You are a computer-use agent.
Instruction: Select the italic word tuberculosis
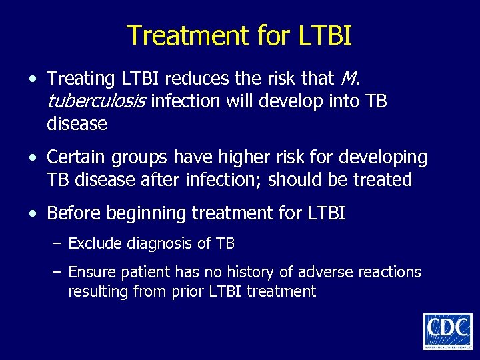tap(97, 101)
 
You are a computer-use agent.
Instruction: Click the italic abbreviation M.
tap(350, 79)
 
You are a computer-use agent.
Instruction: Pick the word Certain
tap(74, 158)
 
